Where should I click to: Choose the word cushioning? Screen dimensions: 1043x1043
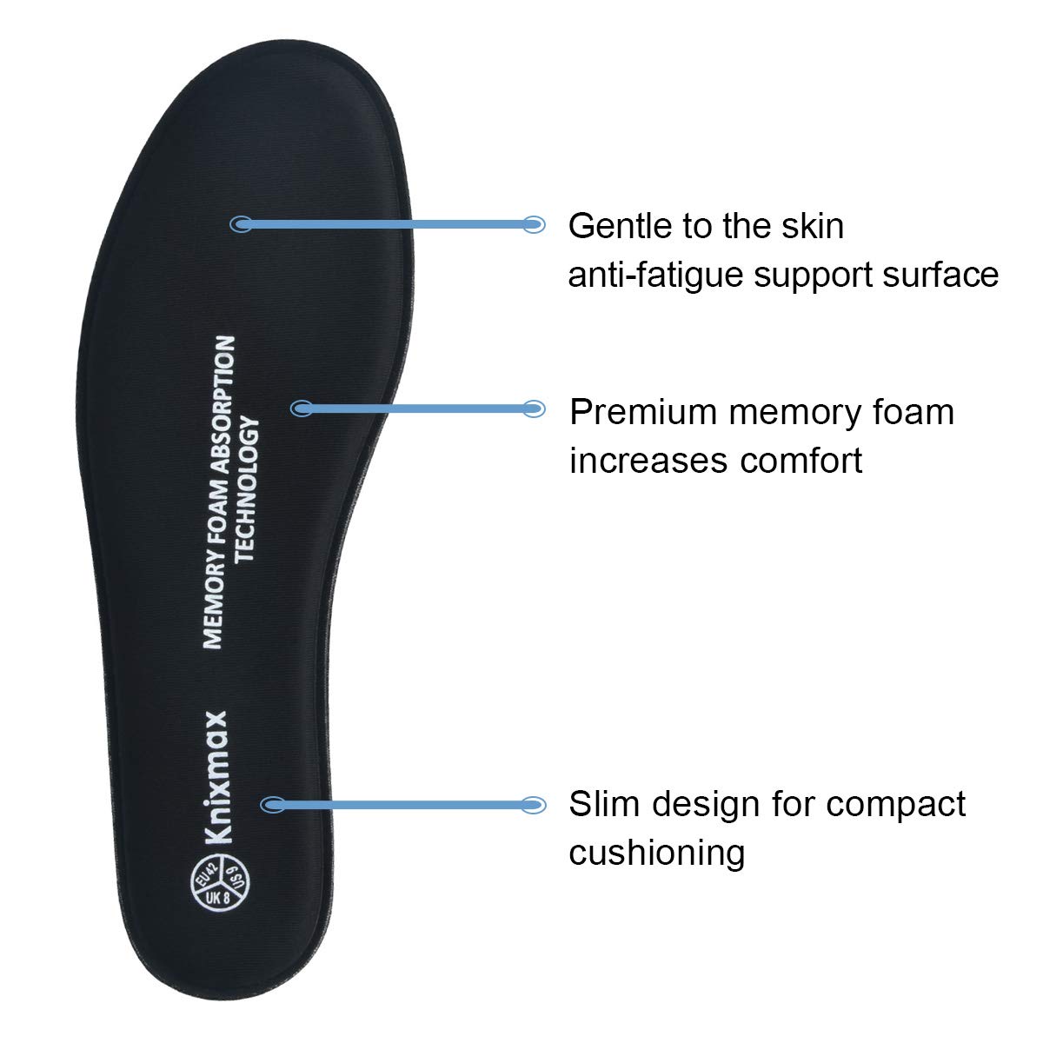point(657,852)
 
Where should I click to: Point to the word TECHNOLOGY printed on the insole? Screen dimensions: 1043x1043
point(249,488)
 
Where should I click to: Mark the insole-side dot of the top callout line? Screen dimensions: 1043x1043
point(241,224)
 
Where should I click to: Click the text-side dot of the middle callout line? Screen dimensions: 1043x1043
point(535,408)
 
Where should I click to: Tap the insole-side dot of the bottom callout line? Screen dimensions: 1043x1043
point(272,805)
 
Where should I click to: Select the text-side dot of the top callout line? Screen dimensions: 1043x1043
point(535,224)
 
